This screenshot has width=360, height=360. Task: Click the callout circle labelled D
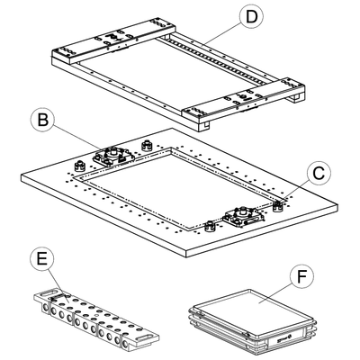tap(251, 17)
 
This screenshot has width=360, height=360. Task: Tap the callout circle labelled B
tap(43, 120)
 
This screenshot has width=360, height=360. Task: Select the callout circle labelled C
tap(319, 173)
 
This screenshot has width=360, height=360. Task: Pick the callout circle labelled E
tap(42, 259)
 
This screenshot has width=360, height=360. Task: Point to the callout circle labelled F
tap(301, 277)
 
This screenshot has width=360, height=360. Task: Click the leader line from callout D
tap(222, 34)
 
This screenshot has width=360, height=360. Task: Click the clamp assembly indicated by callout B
tap(113, 156)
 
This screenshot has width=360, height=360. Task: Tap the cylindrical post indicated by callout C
tap(278, 206)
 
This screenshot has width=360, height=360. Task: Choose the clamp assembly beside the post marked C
tap(243, 217)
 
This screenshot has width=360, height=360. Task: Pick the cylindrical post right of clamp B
tap(147, 146)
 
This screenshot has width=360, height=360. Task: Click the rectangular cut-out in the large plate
tap(181, 187)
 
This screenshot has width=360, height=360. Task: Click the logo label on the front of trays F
tap(283, 338)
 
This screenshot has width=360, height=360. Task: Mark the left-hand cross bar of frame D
tap(112, 42)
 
